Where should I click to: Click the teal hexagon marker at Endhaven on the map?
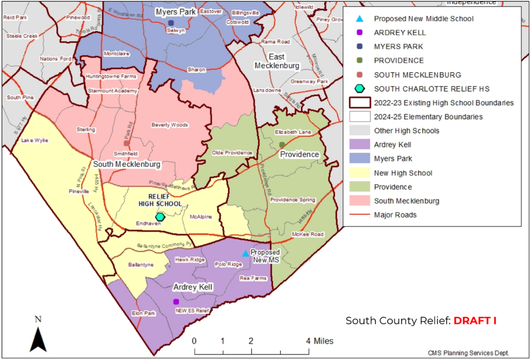tap(160, 217)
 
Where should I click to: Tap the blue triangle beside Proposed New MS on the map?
tap(245, 253)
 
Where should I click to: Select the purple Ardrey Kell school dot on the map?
tap(176, 302)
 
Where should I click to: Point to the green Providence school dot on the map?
tap(282, 145)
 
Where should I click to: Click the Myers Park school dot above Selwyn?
tap(171, 23)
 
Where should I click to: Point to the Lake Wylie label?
tap(34, 140)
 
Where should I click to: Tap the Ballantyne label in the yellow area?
tap(140, 265)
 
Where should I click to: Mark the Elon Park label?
tap(143, 313)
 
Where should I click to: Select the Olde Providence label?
tap(232, 153)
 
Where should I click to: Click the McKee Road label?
tap(307, 234)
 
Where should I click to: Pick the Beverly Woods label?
tap(170, 125)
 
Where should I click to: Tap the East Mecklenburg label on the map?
tap(277, 61)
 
